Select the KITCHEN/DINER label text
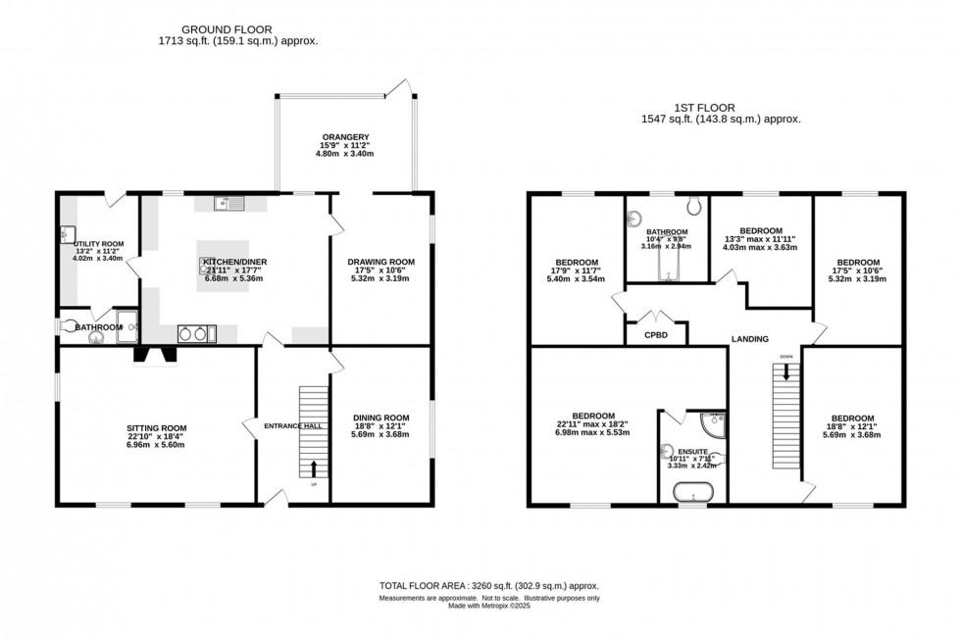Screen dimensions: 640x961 (x=235, y=262)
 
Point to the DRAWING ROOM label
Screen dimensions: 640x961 (x=381, y=262)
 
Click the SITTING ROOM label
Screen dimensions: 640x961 (x=156, y=428)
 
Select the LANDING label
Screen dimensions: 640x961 (x=749, y=339)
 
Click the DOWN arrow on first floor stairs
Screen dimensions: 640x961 (x=785, y=370)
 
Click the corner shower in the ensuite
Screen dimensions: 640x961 (x=714, y=423)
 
